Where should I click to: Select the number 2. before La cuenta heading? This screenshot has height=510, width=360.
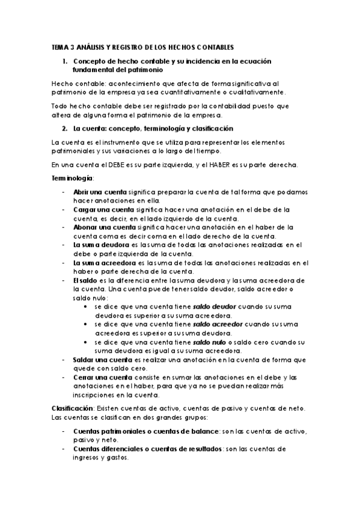click(x=65, y=129)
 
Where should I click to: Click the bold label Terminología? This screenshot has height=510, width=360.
click(x=72, y=179)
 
